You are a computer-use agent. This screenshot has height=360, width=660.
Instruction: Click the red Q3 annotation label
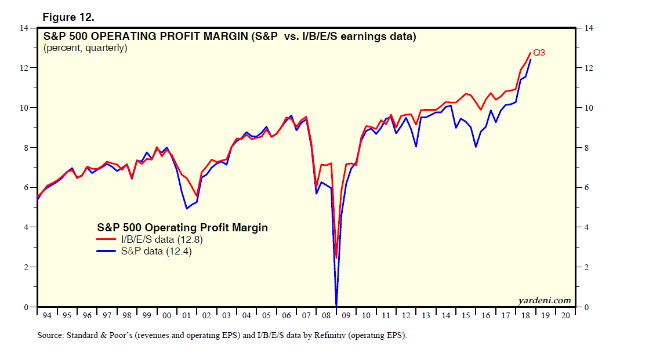click(x=539, y=53)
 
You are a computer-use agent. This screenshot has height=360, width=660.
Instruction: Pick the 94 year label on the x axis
click(x=47, y=315)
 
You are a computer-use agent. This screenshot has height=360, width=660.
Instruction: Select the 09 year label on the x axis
click(x=346, y=315)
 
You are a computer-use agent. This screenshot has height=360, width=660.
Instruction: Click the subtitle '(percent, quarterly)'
click(x=85, y=48)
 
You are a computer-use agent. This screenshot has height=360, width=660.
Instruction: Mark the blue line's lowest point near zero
click(x=336, y=306)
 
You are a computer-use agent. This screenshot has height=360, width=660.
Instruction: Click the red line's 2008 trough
click(x=336, y=258)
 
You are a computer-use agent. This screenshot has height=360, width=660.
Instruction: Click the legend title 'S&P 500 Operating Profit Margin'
click(x=182, y=228)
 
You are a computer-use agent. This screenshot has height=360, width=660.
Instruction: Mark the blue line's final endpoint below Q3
click(x=530, y=60)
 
